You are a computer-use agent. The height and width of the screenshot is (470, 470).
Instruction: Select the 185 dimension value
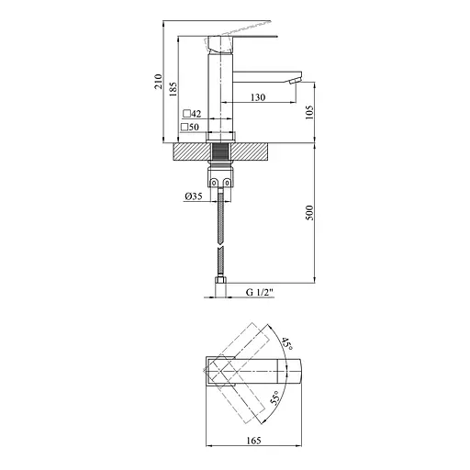pyautogui.click(x=173, y=87)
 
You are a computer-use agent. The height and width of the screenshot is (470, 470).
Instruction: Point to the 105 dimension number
pyautogui.click(x=309, y=112)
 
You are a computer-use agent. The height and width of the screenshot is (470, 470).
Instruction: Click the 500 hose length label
pyautogui.click(x=309, y=214)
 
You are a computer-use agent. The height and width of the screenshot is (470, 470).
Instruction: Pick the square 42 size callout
pyautogui.click(x=192, y=113)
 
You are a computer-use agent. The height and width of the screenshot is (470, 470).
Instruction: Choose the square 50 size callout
pyautogui.click(x=192, y=127)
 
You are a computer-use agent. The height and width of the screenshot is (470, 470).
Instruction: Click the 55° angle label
pyautogui.click(x=275, y=399)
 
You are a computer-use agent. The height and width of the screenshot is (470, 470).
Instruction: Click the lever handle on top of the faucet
pyautogui.click(x=242, y=38)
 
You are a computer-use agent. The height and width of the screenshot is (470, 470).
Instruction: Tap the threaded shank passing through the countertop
pyautogui.click(x=220, y=151)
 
